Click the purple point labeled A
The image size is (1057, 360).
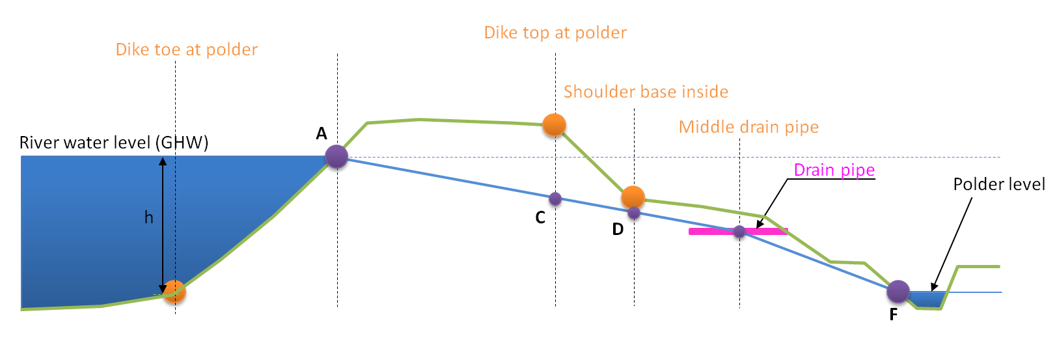tap(336, 157)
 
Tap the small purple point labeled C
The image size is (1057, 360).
tap(555, 199)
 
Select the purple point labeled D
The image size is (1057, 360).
tap(634, 213)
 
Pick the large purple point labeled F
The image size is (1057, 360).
tap(898, 292)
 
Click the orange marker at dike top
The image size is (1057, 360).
tap(554, 124)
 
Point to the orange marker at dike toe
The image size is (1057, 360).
tap(174, 292)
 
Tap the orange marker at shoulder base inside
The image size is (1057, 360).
tap(633, 197)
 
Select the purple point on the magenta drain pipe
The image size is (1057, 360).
tap(739, 231)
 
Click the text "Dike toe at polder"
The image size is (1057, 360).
tap(186, 50)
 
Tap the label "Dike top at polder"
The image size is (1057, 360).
tap(555, 33)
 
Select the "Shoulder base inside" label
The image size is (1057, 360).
tap(646, 92)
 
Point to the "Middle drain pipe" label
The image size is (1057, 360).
tap(748, 127)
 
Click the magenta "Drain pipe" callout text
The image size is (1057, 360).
tap(834, 171)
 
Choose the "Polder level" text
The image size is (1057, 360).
tap(998, 185)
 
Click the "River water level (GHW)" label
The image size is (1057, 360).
tap(114, 143)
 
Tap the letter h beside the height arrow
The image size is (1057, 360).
tap(148, 217)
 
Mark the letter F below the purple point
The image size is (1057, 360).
tap(894, 315)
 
